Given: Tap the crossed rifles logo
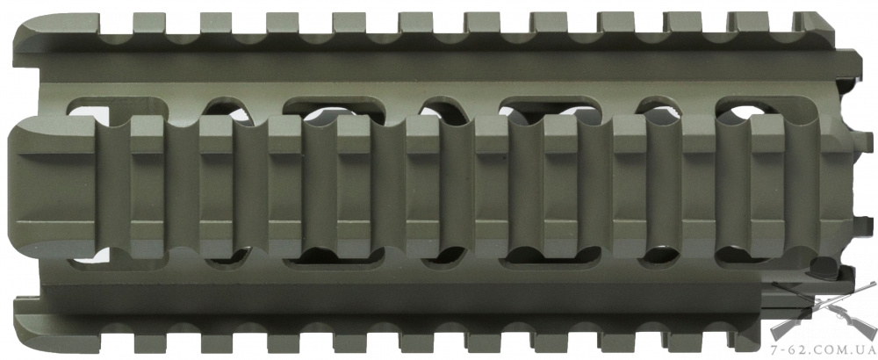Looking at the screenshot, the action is point(824,311).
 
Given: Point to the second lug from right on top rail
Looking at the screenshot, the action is point(748,23).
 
